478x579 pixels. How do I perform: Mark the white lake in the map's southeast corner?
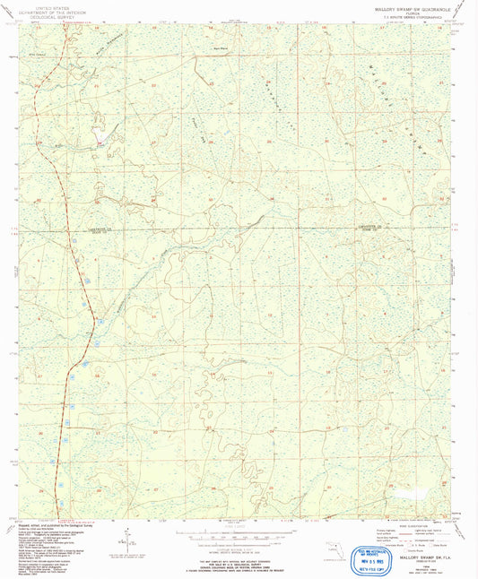coord(401,493)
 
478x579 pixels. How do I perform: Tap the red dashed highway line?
coord(71,269)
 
